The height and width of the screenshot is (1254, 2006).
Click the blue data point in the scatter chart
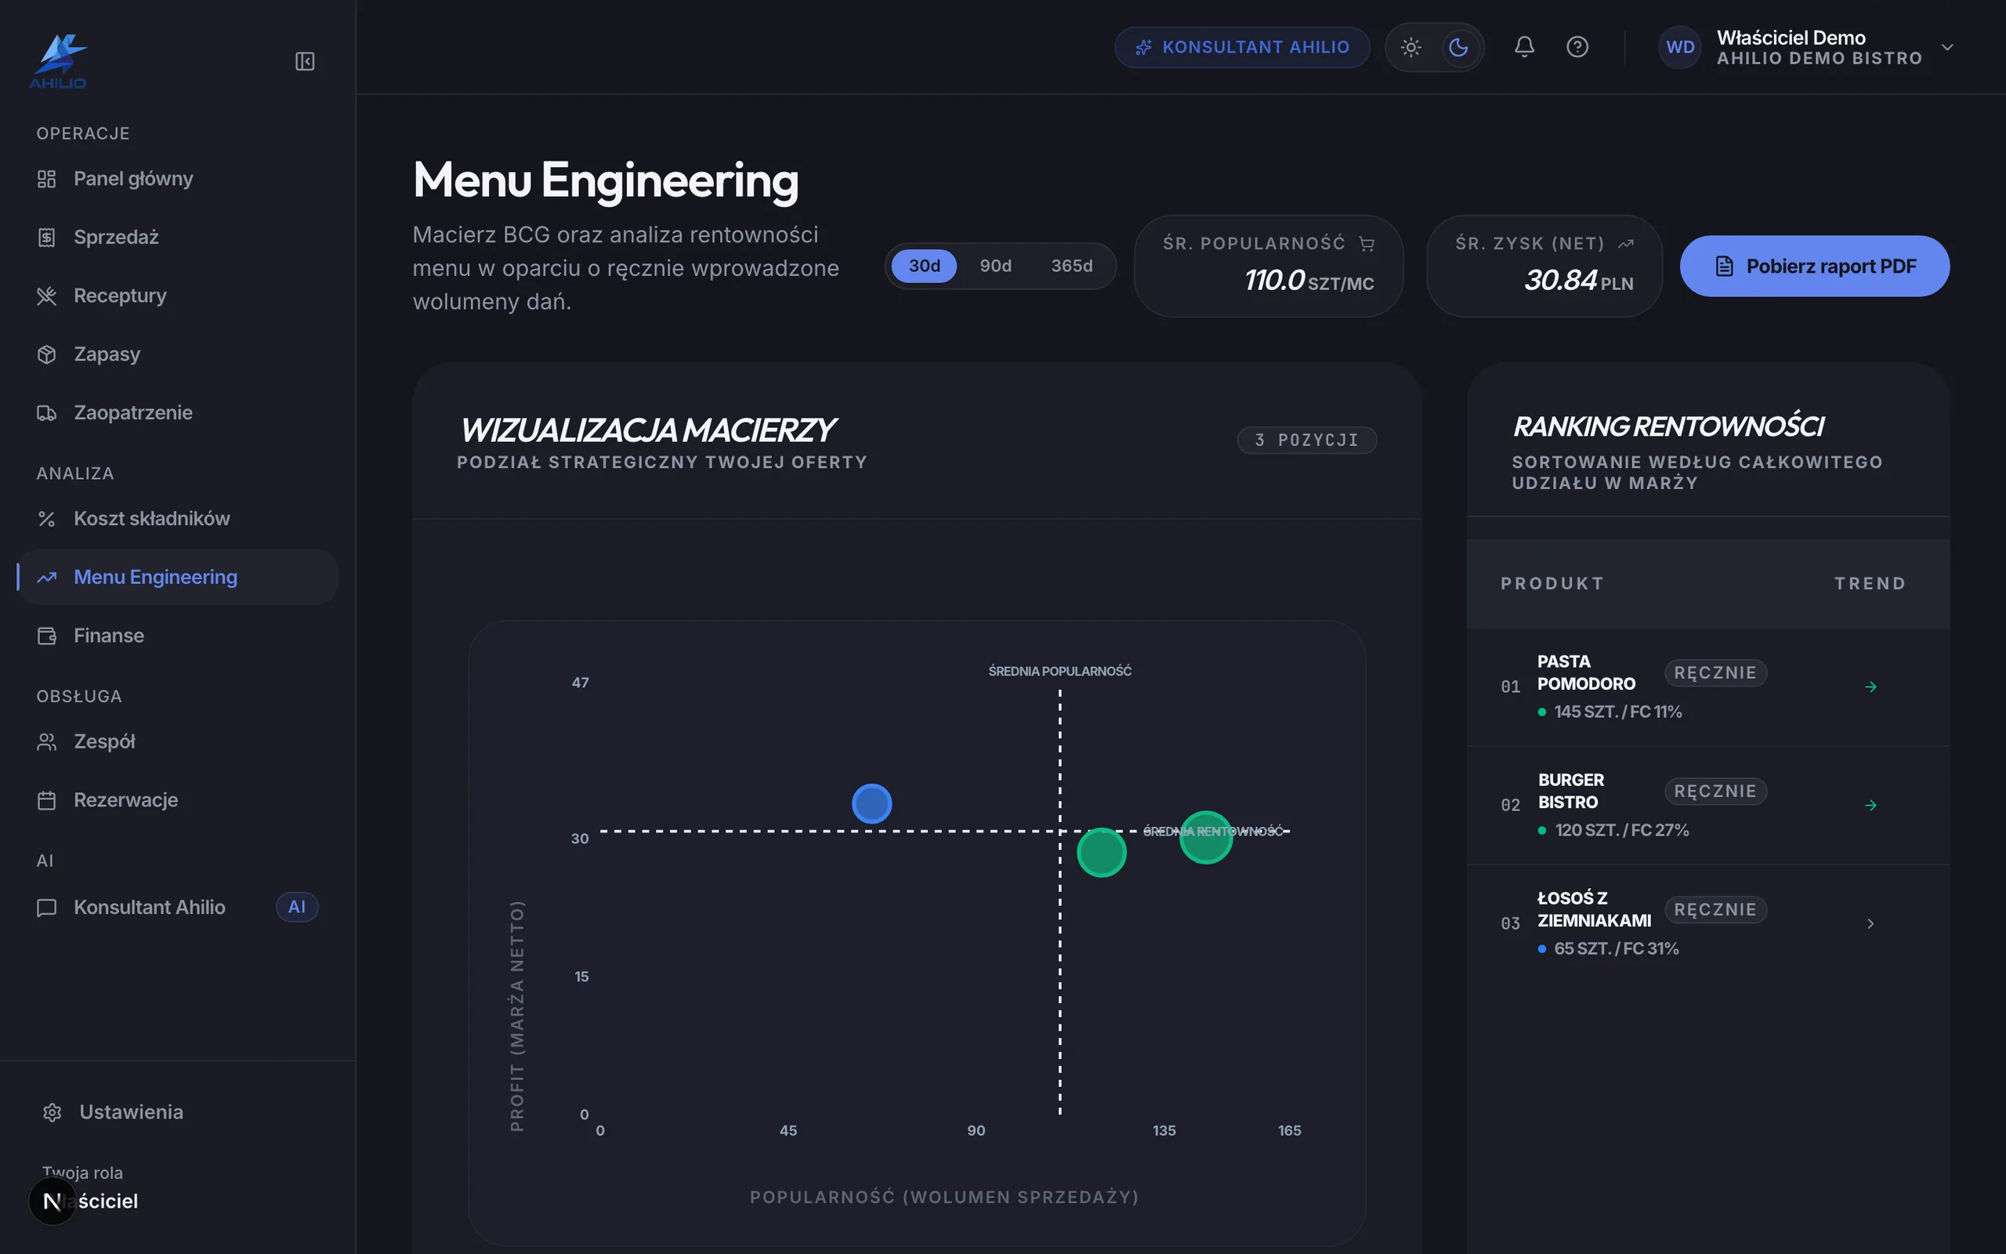(x=871, y=803)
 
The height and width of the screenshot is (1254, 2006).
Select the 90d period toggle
(x=995, y=266)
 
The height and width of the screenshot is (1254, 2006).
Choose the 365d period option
(x=1072, y=266)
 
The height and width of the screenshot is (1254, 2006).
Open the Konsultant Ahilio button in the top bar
(x=1242, y=47)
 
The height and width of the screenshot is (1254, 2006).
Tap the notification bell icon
(x=1524, y=46)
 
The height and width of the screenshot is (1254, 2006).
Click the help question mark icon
(x=1577, y=46)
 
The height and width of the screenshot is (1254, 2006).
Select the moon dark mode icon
(x=1458, y=47)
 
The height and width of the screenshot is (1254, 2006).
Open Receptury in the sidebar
(x=119, y=295)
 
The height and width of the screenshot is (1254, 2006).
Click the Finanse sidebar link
(x=109, y=636)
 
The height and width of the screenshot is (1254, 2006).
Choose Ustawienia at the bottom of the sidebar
(x=131, y=1111)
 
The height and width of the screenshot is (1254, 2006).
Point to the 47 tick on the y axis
(x=580, y=683)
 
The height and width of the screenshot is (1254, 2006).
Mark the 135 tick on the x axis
(x=1164, y=1130)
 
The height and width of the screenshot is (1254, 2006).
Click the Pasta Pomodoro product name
(x=1586, y=672)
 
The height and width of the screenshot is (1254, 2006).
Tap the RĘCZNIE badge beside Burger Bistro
(x=1715, y=792)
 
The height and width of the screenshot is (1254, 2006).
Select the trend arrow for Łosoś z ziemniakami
(x=1870, y=923)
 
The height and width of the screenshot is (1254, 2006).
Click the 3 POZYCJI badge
(x=1306, y=440)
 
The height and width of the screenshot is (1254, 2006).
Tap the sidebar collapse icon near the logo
(x=305, y=61)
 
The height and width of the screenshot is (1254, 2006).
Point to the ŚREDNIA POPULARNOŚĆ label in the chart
(x=1059, y=671)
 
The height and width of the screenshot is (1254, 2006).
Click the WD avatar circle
(x=1680, y=47)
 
